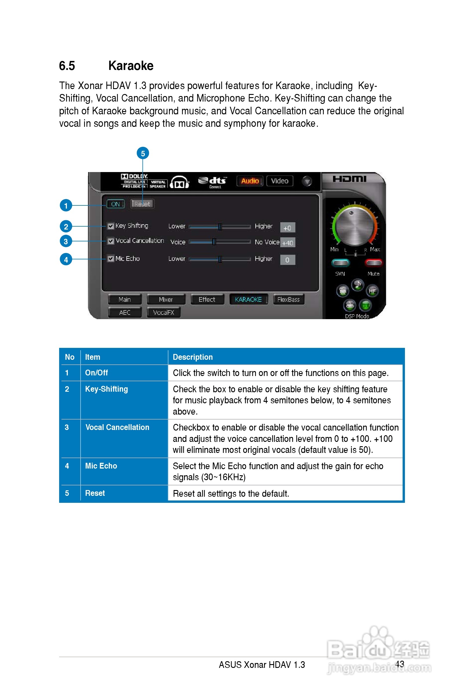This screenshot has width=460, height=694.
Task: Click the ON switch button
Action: point(115,204)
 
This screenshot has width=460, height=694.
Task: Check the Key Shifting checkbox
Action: point(111,226)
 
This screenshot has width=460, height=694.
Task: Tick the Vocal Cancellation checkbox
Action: point(111,241)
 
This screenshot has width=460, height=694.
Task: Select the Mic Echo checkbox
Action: point(111,259)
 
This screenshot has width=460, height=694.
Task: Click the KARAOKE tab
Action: point(248,299)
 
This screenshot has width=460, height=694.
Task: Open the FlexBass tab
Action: point(288,299)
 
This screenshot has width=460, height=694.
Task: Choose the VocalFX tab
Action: point(163,312)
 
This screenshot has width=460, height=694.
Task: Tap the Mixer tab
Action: point(166,299)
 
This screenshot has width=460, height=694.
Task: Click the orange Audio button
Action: point(250,181)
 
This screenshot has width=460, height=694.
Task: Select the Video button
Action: point(280,181)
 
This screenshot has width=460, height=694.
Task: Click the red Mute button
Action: point(373,263)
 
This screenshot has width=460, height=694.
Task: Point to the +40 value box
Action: point(288,243)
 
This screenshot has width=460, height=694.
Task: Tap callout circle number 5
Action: point(143,153)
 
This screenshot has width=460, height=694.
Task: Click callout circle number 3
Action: point(66,241)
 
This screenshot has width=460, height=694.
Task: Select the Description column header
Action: point(193,357)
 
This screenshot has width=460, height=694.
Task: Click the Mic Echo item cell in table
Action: point(101,466)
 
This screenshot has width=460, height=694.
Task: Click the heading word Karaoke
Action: point(131,66)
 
